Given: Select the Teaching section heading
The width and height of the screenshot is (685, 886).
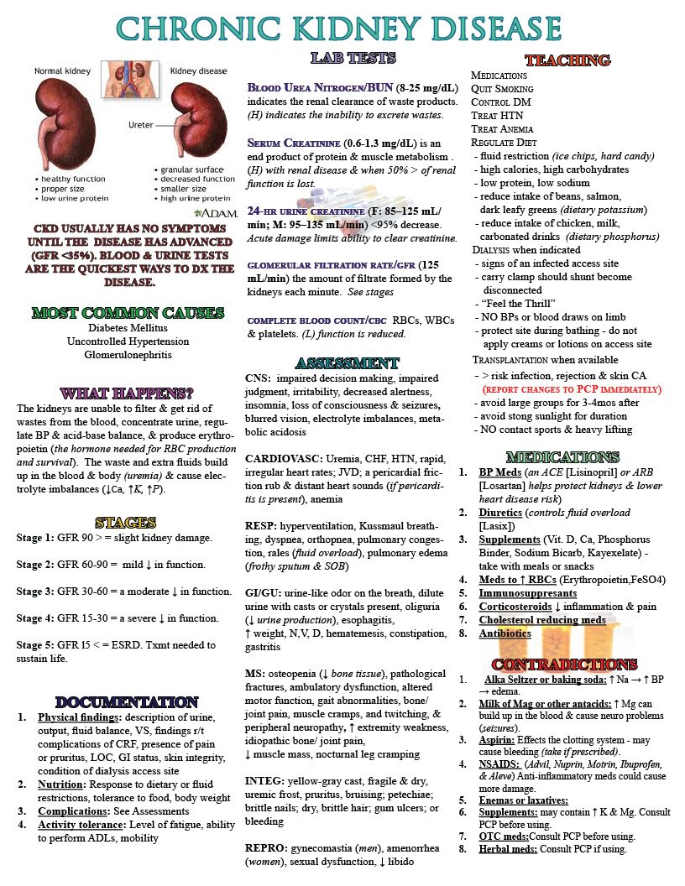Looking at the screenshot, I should [567, 60].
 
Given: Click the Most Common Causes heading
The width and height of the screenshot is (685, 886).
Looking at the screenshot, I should [128, 313].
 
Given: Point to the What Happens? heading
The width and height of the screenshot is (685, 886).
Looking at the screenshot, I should [128, 393].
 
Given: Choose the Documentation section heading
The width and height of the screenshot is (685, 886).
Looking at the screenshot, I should [128, 701].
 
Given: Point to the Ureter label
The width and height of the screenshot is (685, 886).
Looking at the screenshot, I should [140, 125].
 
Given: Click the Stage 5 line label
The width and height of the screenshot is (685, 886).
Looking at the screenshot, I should [39, 644].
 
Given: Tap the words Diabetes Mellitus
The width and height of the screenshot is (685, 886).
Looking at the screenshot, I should [128, 328].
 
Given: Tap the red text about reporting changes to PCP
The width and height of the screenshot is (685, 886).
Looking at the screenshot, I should [571, 389].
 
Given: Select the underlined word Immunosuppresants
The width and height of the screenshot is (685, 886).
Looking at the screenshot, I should [531, 592].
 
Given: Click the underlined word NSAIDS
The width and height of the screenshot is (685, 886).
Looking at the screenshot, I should [503, 764].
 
